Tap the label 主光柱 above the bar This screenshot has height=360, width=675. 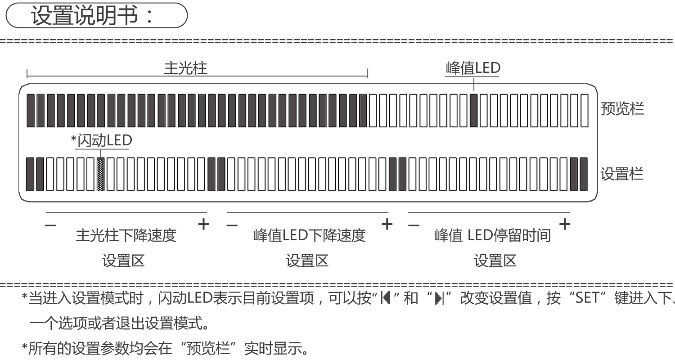185,68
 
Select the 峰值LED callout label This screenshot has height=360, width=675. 473,68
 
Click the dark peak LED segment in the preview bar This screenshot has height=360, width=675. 473,111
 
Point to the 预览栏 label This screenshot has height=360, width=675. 622,109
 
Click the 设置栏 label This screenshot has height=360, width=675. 622,174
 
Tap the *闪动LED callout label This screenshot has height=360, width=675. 102,141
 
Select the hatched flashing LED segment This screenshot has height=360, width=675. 101,174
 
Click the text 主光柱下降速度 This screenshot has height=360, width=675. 126,235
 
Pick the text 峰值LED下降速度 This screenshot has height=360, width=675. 309,235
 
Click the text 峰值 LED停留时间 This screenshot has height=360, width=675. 492,235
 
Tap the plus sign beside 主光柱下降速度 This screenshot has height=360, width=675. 204,224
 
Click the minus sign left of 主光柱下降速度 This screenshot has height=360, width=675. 51,225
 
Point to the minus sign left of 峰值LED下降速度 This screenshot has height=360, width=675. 232,225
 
